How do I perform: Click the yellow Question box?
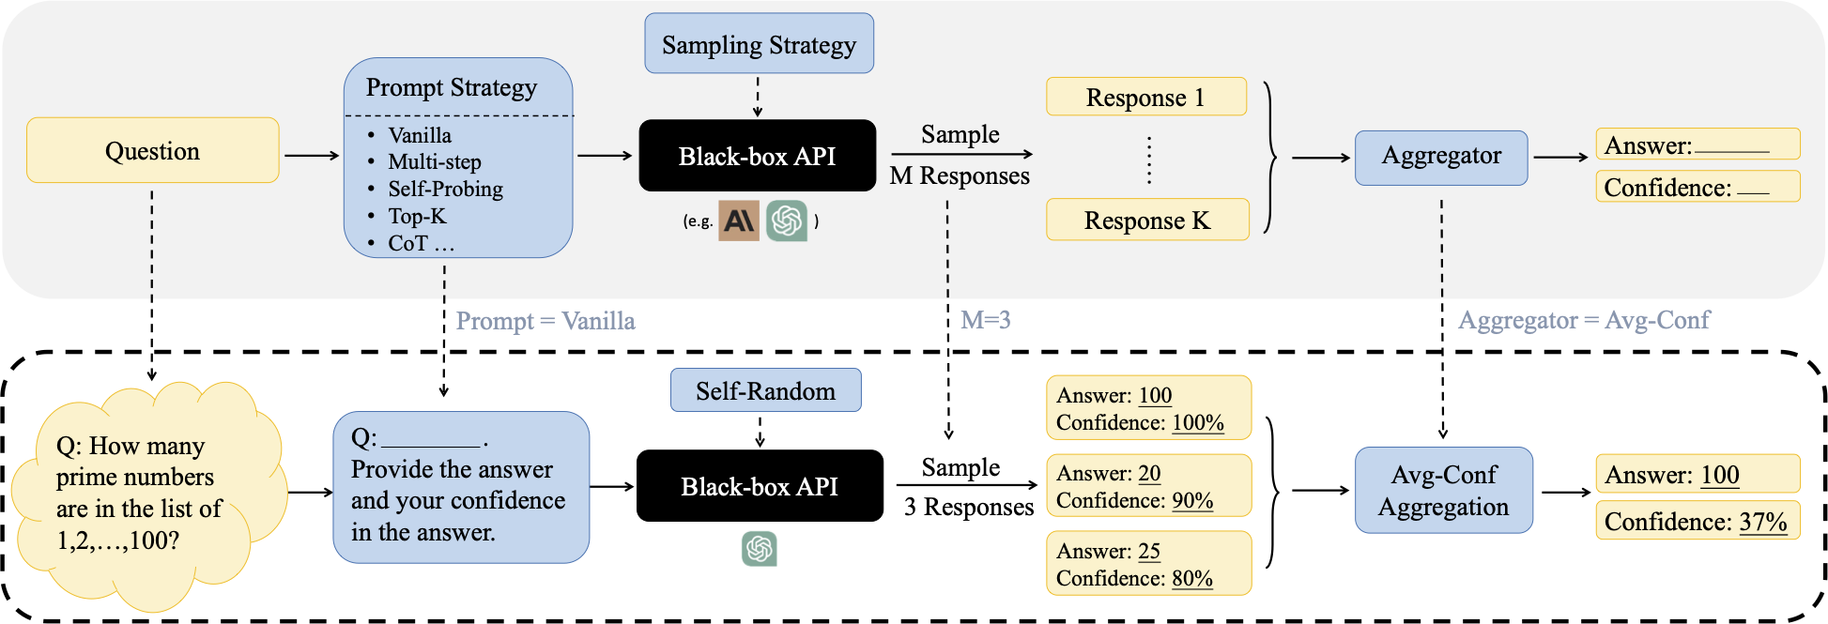[152, 150]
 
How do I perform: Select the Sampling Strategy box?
[759, 44]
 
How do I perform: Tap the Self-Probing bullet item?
[445, 189]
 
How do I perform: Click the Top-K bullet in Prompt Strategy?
[417, 216]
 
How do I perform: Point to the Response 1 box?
[1145, 97]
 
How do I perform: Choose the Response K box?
[1146, 220]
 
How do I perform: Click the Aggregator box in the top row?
[1440, 156]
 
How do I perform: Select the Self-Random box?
[765, 390]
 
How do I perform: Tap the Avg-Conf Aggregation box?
[1443, 490]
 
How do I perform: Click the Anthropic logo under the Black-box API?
[739, 221]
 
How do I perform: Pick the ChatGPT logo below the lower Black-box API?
[759, 549]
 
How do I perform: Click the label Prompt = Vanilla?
[545, 321]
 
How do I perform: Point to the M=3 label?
[985, 320]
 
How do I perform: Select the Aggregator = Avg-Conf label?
[1584, 320]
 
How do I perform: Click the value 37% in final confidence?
[1762, 522]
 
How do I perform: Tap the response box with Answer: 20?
[1148, 486]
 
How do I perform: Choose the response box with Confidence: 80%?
[1148, 564]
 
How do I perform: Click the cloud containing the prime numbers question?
[141, 493]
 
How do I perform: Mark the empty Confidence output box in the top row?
[1697, 187]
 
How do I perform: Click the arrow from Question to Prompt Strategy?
[311, 155]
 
